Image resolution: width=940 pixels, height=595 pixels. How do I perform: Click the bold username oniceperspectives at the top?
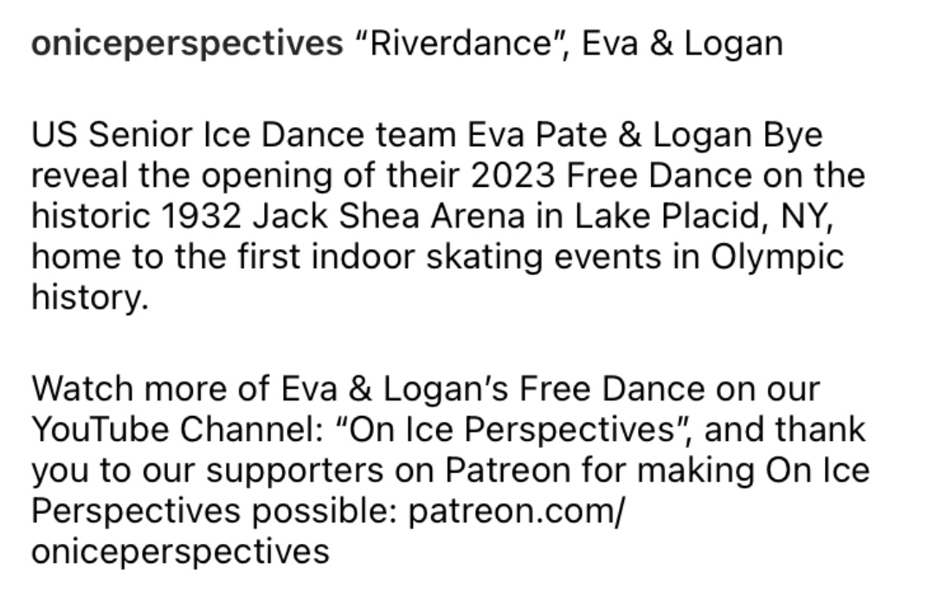pos(187,45)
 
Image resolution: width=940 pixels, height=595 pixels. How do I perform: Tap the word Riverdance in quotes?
pos(460,44)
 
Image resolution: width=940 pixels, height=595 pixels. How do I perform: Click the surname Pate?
pos(570,135)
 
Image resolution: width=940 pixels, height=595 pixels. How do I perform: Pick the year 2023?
pos(512,176)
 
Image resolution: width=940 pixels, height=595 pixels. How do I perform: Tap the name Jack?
pos(290,216)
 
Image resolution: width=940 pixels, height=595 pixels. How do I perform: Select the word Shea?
pos(379,216)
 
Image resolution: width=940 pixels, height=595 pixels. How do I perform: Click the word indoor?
pos(363,257)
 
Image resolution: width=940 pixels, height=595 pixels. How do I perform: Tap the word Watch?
pos(81,389)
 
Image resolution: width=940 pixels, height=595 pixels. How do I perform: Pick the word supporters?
pos(295,472)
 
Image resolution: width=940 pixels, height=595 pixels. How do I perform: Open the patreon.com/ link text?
pos(517,512)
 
